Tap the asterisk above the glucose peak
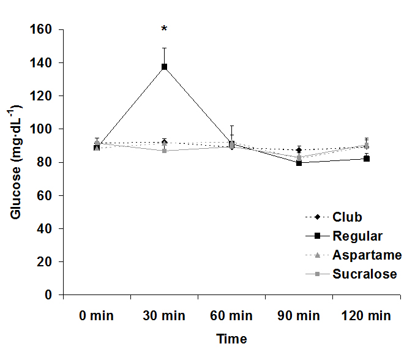click(164, 29)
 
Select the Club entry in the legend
click(347, 217)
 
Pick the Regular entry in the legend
click(357, 236)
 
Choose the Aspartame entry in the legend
click(367, 255)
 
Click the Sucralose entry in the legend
click(365, 274)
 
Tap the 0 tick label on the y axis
click(48, 295)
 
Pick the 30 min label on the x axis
click(164, 317)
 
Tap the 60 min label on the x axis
click(231, 317)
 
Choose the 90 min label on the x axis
click(299, 317)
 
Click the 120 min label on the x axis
click(366, 317)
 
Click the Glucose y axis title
click(17, 162)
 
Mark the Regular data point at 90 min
click(299, 163)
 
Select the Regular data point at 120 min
click(366, 159)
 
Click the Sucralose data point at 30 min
click(164, 151)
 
